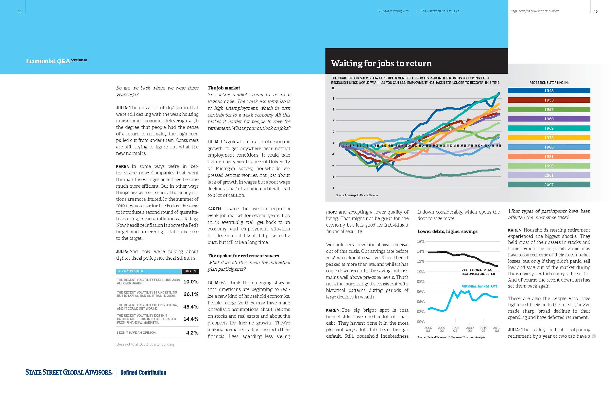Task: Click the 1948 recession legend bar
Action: [x=548, y=91]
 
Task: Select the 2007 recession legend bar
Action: [x=548, y=185]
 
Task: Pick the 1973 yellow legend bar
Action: [x=548, y=138]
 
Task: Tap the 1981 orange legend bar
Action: [x=548, y=157]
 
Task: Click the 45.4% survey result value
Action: [x=191, y=307]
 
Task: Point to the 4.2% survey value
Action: [x=192, y=333]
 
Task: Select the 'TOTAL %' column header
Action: [x=190, y=271]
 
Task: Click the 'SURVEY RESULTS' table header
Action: [x=130, y=271]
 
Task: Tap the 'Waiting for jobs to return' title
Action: [x=381, y=63]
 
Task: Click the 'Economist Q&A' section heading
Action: [x=48, y=61]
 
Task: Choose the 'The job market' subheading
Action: [x=224, y=88]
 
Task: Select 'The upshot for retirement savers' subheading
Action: [x=243, y=256]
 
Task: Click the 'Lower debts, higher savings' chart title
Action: [x=447, y=231]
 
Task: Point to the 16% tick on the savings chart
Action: [x=421, y=241]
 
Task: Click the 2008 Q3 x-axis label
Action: [x=455, y=329]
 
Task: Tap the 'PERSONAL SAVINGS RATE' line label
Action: [x=479, y=286]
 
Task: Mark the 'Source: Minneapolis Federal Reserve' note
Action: [x=357, y=195]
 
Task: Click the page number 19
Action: [x=596, y=11]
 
